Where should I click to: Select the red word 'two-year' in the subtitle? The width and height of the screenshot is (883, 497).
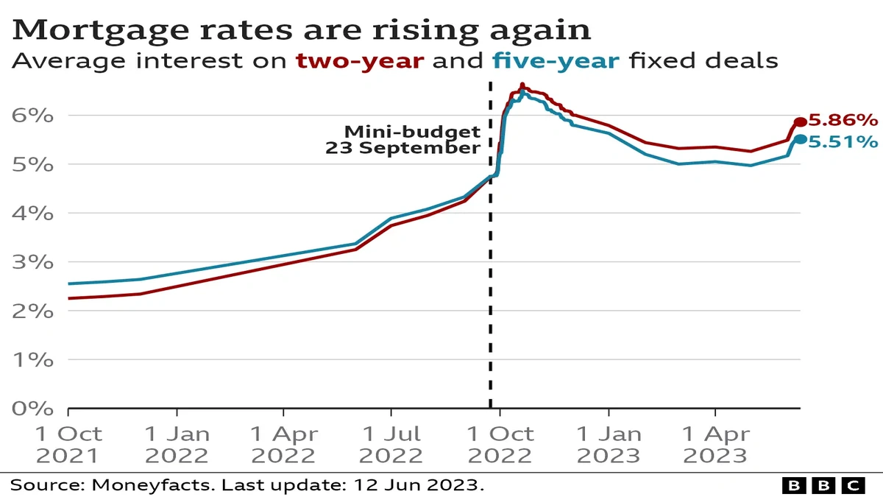pyautogui.click(x=360, y=60)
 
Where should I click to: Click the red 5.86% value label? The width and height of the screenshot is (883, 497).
pyautogui.click(x=843, y=120)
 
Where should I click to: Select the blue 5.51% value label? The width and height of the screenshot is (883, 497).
pyautogui.click(x=843, y=141)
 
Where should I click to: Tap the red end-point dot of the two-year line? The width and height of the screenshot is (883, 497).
pyautogui.click(x=800, y=122)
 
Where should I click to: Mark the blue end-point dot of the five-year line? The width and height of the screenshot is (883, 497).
pyautogui.click(x=800, y=139)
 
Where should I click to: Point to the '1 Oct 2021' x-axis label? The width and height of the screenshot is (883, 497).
pyautogui.click(x=68, y=445)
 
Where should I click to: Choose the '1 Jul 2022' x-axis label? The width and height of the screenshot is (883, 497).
pyautogui.click(x=391, y=445)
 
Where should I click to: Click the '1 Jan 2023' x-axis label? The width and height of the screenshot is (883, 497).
pyautogui.click(x=608, y=445)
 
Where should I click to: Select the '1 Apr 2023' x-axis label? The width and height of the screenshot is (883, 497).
pyautogui.click(x=714, y=445)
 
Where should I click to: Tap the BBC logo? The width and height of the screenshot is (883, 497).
pyautogui.click(x=823, y=485)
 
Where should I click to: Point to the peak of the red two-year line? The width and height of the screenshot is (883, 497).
pyautogui.click(x=522, y=85)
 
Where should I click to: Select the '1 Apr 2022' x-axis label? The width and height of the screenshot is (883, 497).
pyautogui.click(x=284, y=445)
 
